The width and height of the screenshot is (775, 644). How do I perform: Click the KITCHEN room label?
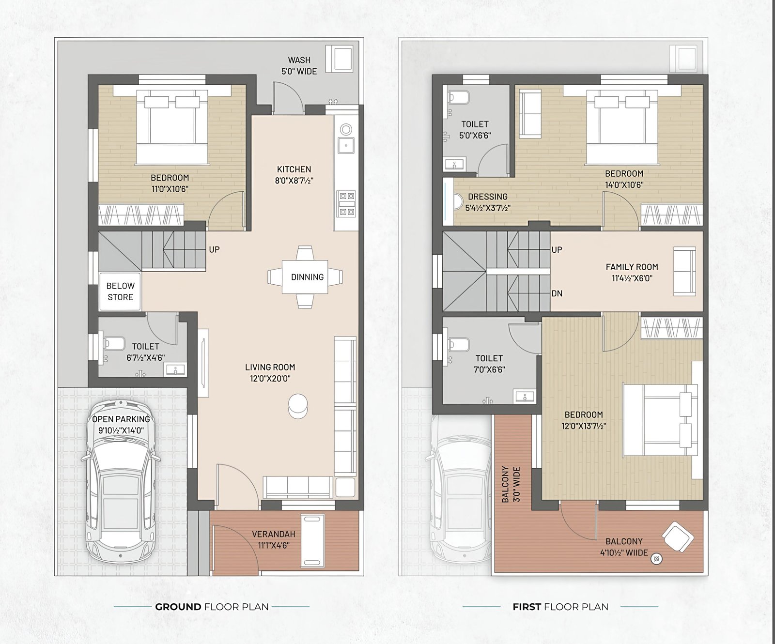click(x=294, y=169)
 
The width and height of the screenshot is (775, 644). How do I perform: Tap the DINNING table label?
click(x=307, y=277)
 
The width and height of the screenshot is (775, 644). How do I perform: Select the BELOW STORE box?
click(x=120, y=291)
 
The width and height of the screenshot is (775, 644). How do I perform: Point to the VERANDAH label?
click(x=274, y=534)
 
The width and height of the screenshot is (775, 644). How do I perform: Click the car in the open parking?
click(x=121, y=481)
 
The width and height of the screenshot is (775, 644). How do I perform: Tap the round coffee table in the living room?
click(x=297, y=405)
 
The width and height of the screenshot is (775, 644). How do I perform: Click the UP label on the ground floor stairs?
click(x=214, y=249)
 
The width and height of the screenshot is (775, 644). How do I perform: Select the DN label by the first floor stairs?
click(x=557, y=293)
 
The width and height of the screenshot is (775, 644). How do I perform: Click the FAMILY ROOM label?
click(x=632, y=267)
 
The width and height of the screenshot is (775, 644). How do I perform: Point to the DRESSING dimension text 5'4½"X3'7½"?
click(x=488, y=208)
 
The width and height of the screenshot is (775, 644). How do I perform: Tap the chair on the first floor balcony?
click(x=678, y=537)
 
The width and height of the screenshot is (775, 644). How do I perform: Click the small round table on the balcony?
click(x=656, y=559)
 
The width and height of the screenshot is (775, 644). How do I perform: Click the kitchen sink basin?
click(x=346, y=145)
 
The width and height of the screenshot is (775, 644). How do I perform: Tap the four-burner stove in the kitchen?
click(x=347, y=204)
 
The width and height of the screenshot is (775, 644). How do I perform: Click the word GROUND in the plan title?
click(x=178, y=607)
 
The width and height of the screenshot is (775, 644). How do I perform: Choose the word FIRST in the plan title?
click(x=527, y=607)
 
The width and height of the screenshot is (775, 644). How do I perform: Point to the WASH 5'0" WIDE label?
click(x=299, y=66)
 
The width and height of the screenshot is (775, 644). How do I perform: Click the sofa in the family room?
click(x=685, y=271)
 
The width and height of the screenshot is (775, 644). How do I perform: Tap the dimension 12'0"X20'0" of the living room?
click(x=270, y=379)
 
